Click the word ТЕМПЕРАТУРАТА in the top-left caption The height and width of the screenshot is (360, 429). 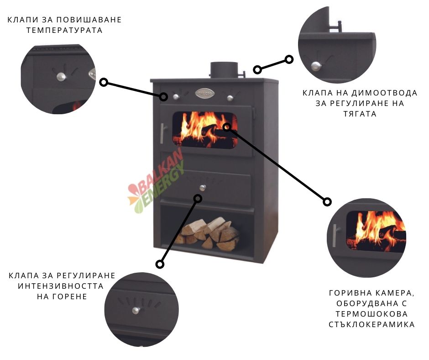click(64, 30)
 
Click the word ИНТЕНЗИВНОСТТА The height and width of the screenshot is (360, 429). click(61, 286)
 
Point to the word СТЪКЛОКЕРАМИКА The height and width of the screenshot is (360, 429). click(371, 325)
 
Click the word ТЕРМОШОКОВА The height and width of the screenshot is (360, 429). click(371, 314)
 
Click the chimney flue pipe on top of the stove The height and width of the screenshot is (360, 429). click(224, 70)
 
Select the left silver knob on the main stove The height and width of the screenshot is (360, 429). click(176, 97)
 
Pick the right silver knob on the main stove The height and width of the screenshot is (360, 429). click(230, 97)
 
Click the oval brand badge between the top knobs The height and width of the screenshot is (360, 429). click(204, 94)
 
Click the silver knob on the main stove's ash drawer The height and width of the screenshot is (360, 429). click(203, 188)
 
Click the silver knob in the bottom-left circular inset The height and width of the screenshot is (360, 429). click(136, 310)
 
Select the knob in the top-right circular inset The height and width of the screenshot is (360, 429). click(316, 66)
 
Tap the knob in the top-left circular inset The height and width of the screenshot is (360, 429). click(61, 77)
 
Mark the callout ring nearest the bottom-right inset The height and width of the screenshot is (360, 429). click(327, 202)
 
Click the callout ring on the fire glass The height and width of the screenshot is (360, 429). click(227, 127)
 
